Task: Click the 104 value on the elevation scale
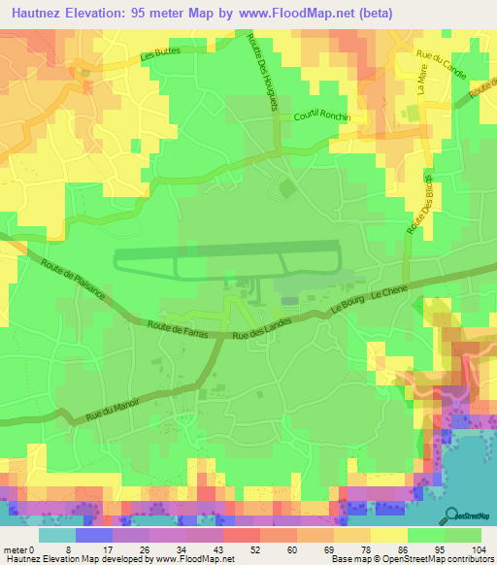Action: (x=480, y=549)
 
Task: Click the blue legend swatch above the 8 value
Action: (x=94, y=536)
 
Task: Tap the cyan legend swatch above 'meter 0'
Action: (x=57, y=536)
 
